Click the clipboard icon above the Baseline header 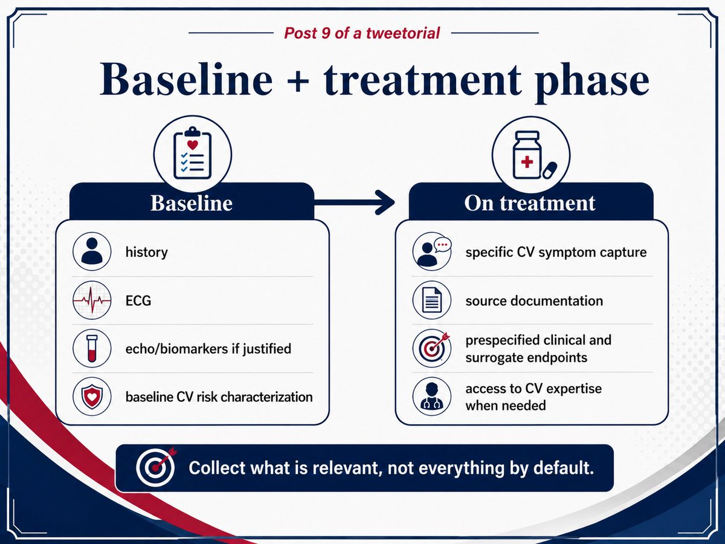point(193,153)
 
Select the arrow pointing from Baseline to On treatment point(354,202)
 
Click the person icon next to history point(92,251)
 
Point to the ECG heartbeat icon point(92,300)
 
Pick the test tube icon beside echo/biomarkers point(92,348)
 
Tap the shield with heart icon point(92,397)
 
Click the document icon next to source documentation point(432,300)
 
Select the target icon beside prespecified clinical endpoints point(432,348)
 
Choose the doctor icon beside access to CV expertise point(432,397)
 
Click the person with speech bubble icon point(432,251)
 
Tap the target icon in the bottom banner point(156,467)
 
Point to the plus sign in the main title point(298,82)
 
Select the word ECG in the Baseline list point(138,300)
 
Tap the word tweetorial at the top point(402,33)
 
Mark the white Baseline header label point(192,203)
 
